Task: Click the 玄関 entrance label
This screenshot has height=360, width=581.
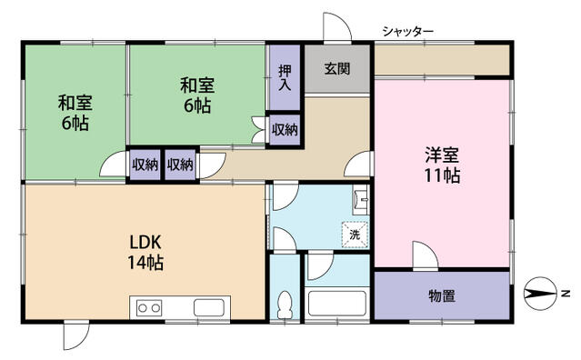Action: [x=326, y=66]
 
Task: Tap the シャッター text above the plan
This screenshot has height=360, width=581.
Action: [x=407, y=32]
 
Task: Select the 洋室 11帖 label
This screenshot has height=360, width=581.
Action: [x=440, y=164]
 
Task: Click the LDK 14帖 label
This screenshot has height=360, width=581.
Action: [x=145, y=253]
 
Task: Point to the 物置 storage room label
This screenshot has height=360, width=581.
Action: [x=442, y=295]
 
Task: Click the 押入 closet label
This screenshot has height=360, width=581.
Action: [x=284, y=77]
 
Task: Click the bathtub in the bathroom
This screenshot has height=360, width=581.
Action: [x=336, y=302]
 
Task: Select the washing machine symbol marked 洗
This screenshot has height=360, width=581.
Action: [x=354, y=234]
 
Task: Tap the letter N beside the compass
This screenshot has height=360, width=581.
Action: [x=565, y=294]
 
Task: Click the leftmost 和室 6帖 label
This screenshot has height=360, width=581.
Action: [x=75, y=113]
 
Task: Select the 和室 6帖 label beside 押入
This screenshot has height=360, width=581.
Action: [x=196, y=95]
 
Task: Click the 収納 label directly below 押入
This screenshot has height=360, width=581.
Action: [x=285, y=129]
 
